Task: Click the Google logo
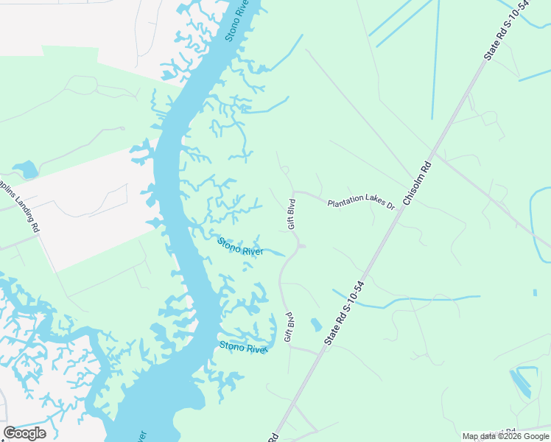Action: [24, 433]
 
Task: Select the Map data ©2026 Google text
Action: [505, 436]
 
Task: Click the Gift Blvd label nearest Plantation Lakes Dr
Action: [292, 214]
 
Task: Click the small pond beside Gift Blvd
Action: [316, 324]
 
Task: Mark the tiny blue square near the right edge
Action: [535, 292]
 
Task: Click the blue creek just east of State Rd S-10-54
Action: [413, 301]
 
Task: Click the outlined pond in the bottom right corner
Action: [523, 380]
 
